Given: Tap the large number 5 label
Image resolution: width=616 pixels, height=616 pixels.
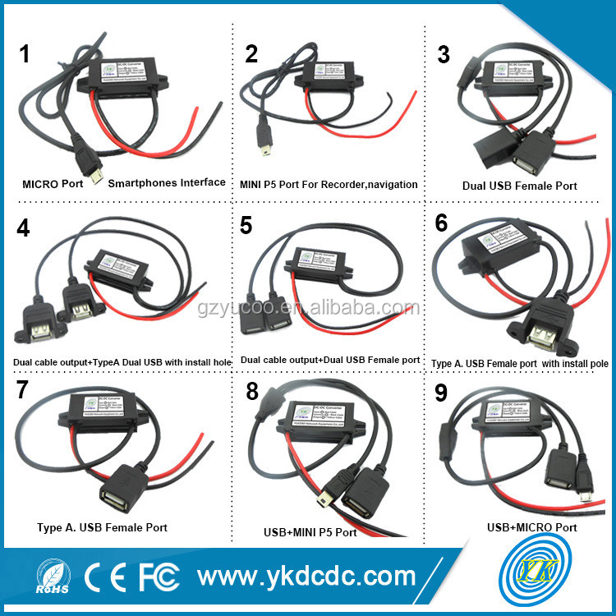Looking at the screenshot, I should pyautogui.click(x=246, y=226).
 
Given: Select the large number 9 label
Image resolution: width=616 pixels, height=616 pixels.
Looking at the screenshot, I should pyautogui.click(x=441, y=393).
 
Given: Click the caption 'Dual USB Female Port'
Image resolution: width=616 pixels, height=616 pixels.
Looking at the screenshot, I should pyautogui.click(x=519, y=186).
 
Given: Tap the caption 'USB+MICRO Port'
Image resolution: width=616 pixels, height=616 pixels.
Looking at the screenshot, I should pyautogui.click(x=531, y=527).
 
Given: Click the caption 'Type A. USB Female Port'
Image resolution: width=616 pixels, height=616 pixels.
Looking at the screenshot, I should pyautogui.click(x=102, y=527).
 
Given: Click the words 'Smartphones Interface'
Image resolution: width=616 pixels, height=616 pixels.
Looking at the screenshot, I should pyautogui.click(x=167, y=182).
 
